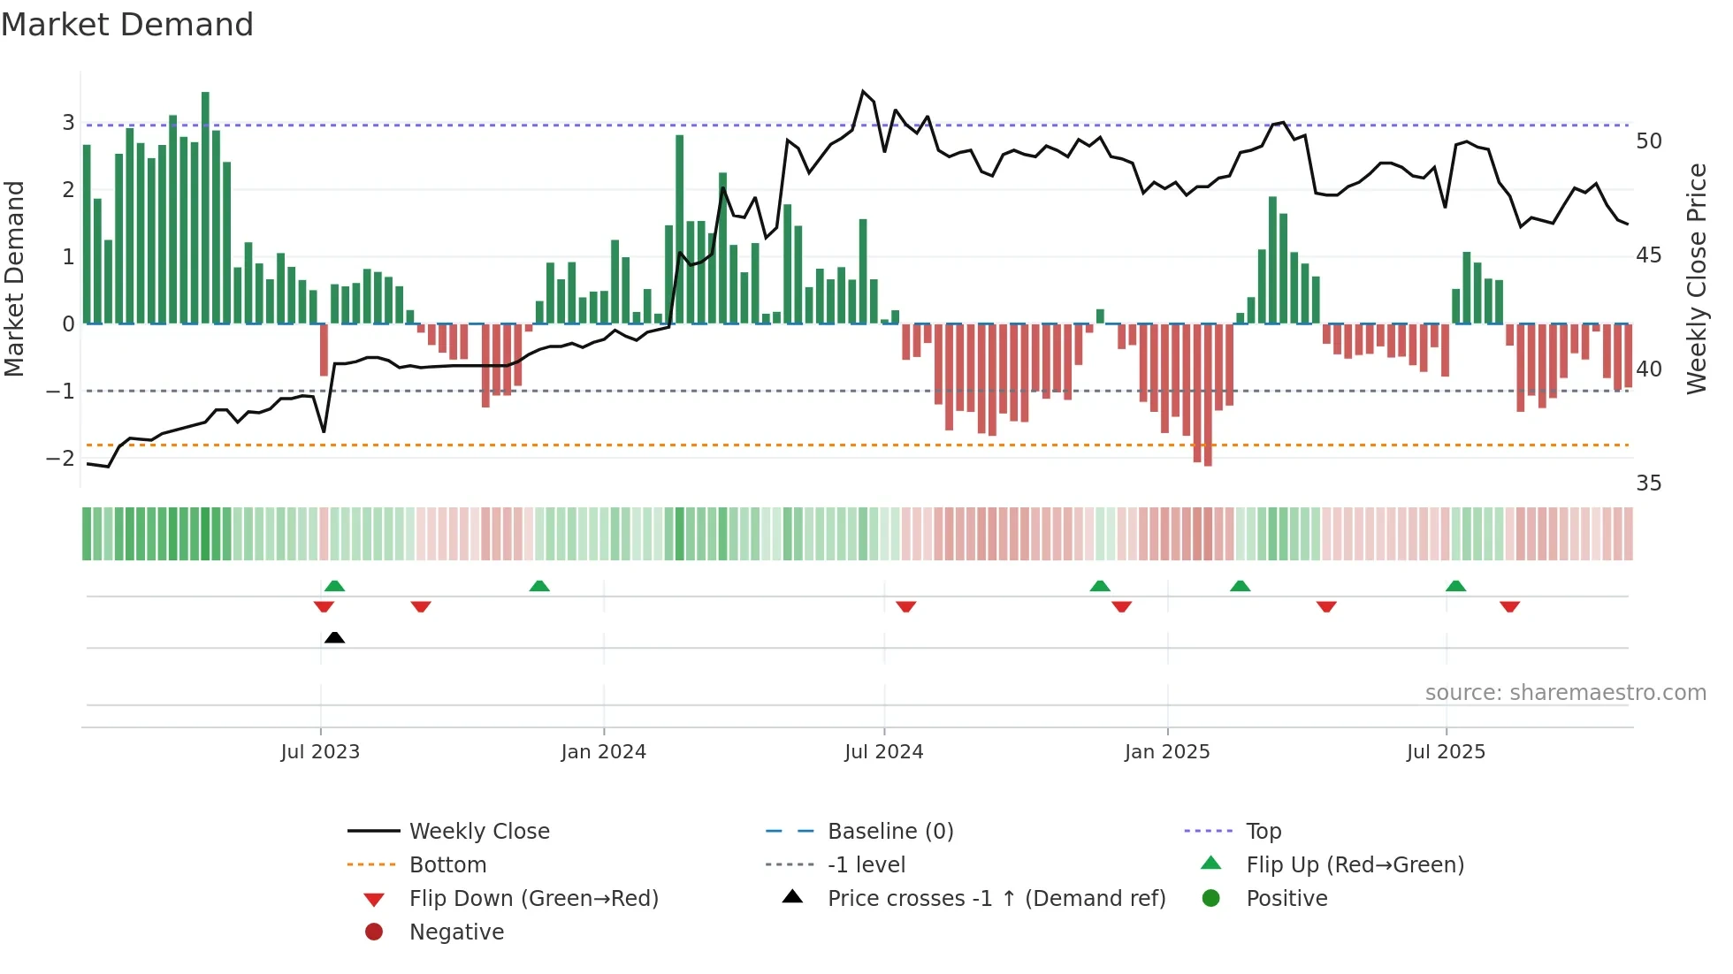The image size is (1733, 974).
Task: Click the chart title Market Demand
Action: (x=127, y=25)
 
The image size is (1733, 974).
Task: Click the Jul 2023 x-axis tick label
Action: (x=320, y=752)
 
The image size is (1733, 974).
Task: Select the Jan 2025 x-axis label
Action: (x=1167, y=752)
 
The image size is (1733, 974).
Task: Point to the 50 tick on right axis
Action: (x=1648, y=141)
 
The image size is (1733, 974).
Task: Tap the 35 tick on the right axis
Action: (x=1648, y=483)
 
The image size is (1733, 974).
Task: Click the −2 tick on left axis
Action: (x=60, y=458)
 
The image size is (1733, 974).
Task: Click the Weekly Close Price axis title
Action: (x=1696, y=278)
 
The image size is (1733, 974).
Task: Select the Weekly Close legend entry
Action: (x=479, y=832)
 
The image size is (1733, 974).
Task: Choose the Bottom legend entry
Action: (x=447, y=865)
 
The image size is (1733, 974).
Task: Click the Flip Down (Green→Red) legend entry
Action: (x=533, y=899)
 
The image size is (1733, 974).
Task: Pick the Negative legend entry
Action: (x=456, y=932)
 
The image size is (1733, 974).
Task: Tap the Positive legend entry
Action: (x=1286, y=899)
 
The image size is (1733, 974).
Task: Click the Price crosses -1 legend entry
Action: (x=996, y=899)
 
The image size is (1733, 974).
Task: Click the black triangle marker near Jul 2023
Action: (x=334, y=637)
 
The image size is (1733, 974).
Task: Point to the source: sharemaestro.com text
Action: (x=1565, y=693)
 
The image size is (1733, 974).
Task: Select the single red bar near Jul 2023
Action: (x=324, y=350)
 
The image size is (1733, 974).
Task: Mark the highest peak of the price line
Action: (x=863, y=92)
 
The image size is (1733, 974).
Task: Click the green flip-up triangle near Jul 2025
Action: (x=1455, y=586)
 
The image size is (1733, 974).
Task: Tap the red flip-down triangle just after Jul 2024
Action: (x=905, y=606)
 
